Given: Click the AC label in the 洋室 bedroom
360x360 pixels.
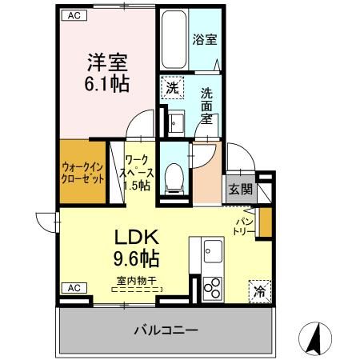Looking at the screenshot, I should pos(73,15).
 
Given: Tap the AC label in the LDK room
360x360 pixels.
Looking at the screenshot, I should pos(73,287).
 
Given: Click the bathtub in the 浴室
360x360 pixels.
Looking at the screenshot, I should pos(172,40).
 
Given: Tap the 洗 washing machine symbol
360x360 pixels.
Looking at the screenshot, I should pos(172,87).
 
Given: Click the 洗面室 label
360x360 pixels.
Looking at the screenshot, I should pos(206,104).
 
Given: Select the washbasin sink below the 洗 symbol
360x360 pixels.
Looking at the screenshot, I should pos(175,122).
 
